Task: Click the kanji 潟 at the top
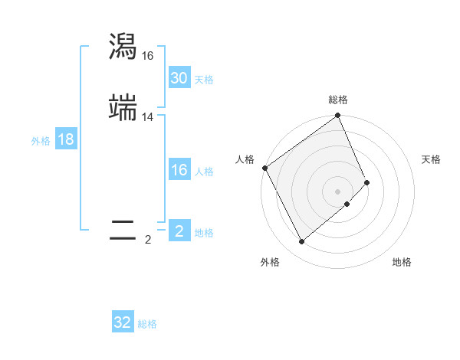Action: coord(123,47)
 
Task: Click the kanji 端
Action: coord(123,107)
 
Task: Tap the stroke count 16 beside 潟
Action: coord(148,56)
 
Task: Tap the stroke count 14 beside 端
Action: coord(148,117)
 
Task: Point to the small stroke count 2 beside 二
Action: coord(148,240)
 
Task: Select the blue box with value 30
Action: coord(179,78)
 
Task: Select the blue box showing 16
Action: coord(179,170)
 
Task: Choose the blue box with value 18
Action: coord(66,139)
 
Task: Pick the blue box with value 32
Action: coord(123,322)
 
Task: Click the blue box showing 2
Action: coord(179,231)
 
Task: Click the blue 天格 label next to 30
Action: coord(204,80)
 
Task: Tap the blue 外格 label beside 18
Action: coord(41,141)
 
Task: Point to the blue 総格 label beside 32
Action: coord(147,324)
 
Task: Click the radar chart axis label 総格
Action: coord(338,100)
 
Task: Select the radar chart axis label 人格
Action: coord(245,159)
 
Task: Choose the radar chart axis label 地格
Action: coord(402,262)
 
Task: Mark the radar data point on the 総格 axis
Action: coord(338,116)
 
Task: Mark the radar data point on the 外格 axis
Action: coord(301,242)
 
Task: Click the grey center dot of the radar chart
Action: coord(338,191)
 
